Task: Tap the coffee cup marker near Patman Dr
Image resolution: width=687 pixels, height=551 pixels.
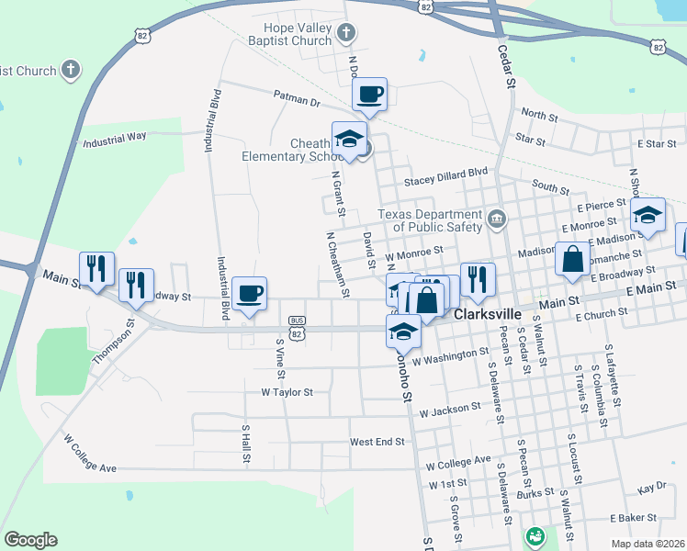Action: pos(369,95)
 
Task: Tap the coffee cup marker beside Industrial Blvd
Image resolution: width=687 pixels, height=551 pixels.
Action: pos(249,294)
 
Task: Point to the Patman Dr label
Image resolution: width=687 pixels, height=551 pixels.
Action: pos(296,96)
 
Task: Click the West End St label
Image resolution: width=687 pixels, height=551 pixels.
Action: pos(377,442)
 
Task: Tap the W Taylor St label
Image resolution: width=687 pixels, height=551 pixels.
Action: pos(287,392)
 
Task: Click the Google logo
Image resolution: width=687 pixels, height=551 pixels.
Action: pos(30,540)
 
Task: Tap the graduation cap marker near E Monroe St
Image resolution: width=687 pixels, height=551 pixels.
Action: pos(648,216)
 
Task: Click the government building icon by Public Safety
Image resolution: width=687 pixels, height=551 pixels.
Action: pos(497,219)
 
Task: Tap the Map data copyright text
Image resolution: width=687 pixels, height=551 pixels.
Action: pos(647,544)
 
